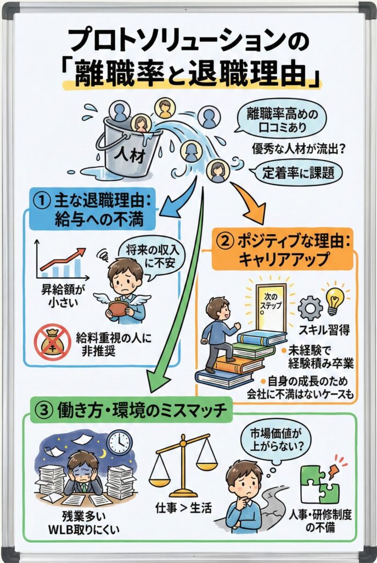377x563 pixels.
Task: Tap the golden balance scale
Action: coord(184,465)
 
